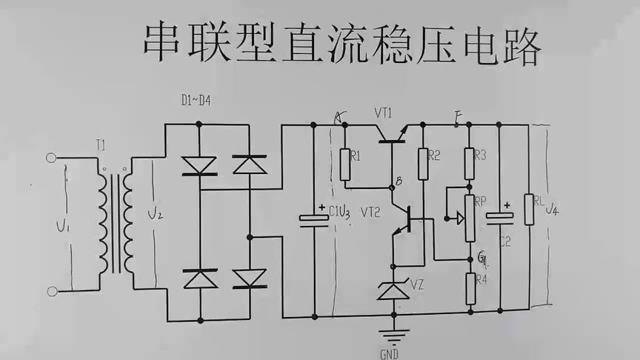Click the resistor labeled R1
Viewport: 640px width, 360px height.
point(345,165)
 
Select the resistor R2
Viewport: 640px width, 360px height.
point(423,164)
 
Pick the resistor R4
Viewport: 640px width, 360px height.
point(470,289)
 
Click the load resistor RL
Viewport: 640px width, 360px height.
point(528,209)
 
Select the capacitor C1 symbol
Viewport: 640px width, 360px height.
point(313,218)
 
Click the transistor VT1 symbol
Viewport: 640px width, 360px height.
point(392,133)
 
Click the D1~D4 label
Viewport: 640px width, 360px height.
point(197,100)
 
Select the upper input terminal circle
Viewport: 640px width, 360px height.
point(51,157)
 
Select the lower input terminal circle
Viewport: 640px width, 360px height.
point(51,290)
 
